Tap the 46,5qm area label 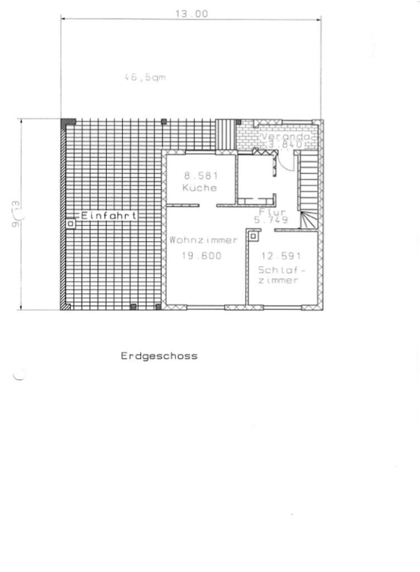[145, 78]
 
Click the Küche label [199, 188]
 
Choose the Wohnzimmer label [204, 240]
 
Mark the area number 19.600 [202, 256]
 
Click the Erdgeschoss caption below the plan [159, 356]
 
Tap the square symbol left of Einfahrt [71, 224]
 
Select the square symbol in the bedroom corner [254, 237]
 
